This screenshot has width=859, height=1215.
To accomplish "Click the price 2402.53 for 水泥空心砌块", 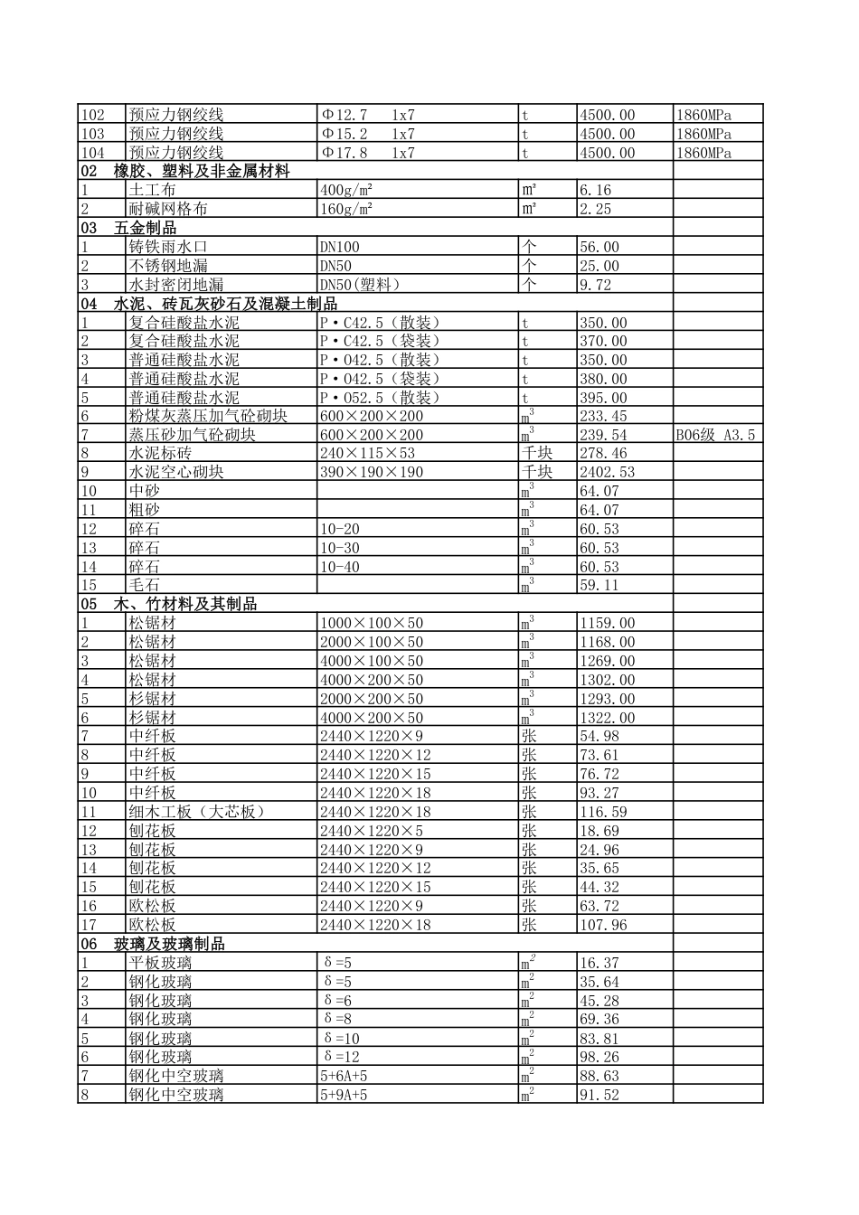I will tap(607, 472).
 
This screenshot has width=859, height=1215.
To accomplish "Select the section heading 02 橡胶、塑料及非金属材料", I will tap(185, 171).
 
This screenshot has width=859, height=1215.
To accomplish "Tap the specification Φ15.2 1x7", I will tap(367, 134).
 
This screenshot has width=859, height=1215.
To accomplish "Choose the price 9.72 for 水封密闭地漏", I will tap(596, 285).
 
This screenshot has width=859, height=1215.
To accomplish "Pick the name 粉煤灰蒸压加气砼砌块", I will tap(208, 416).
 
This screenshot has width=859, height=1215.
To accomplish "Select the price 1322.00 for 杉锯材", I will tap(607, 718).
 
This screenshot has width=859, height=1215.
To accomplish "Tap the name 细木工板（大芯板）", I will tap(197, 812).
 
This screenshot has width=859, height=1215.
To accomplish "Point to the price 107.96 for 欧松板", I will tap(603, 925).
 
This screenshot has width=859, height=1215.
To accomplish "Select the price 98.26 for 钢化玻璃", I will tap(599, 1057).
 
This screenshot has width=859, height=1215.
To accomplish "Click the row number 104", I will tap(93, 153).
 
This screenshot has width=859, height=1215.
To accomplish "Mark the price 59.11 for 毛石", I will tap(599, 585).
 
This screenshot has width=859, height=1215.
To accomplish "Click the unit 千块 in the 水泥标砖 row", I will tap(537, 453).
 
